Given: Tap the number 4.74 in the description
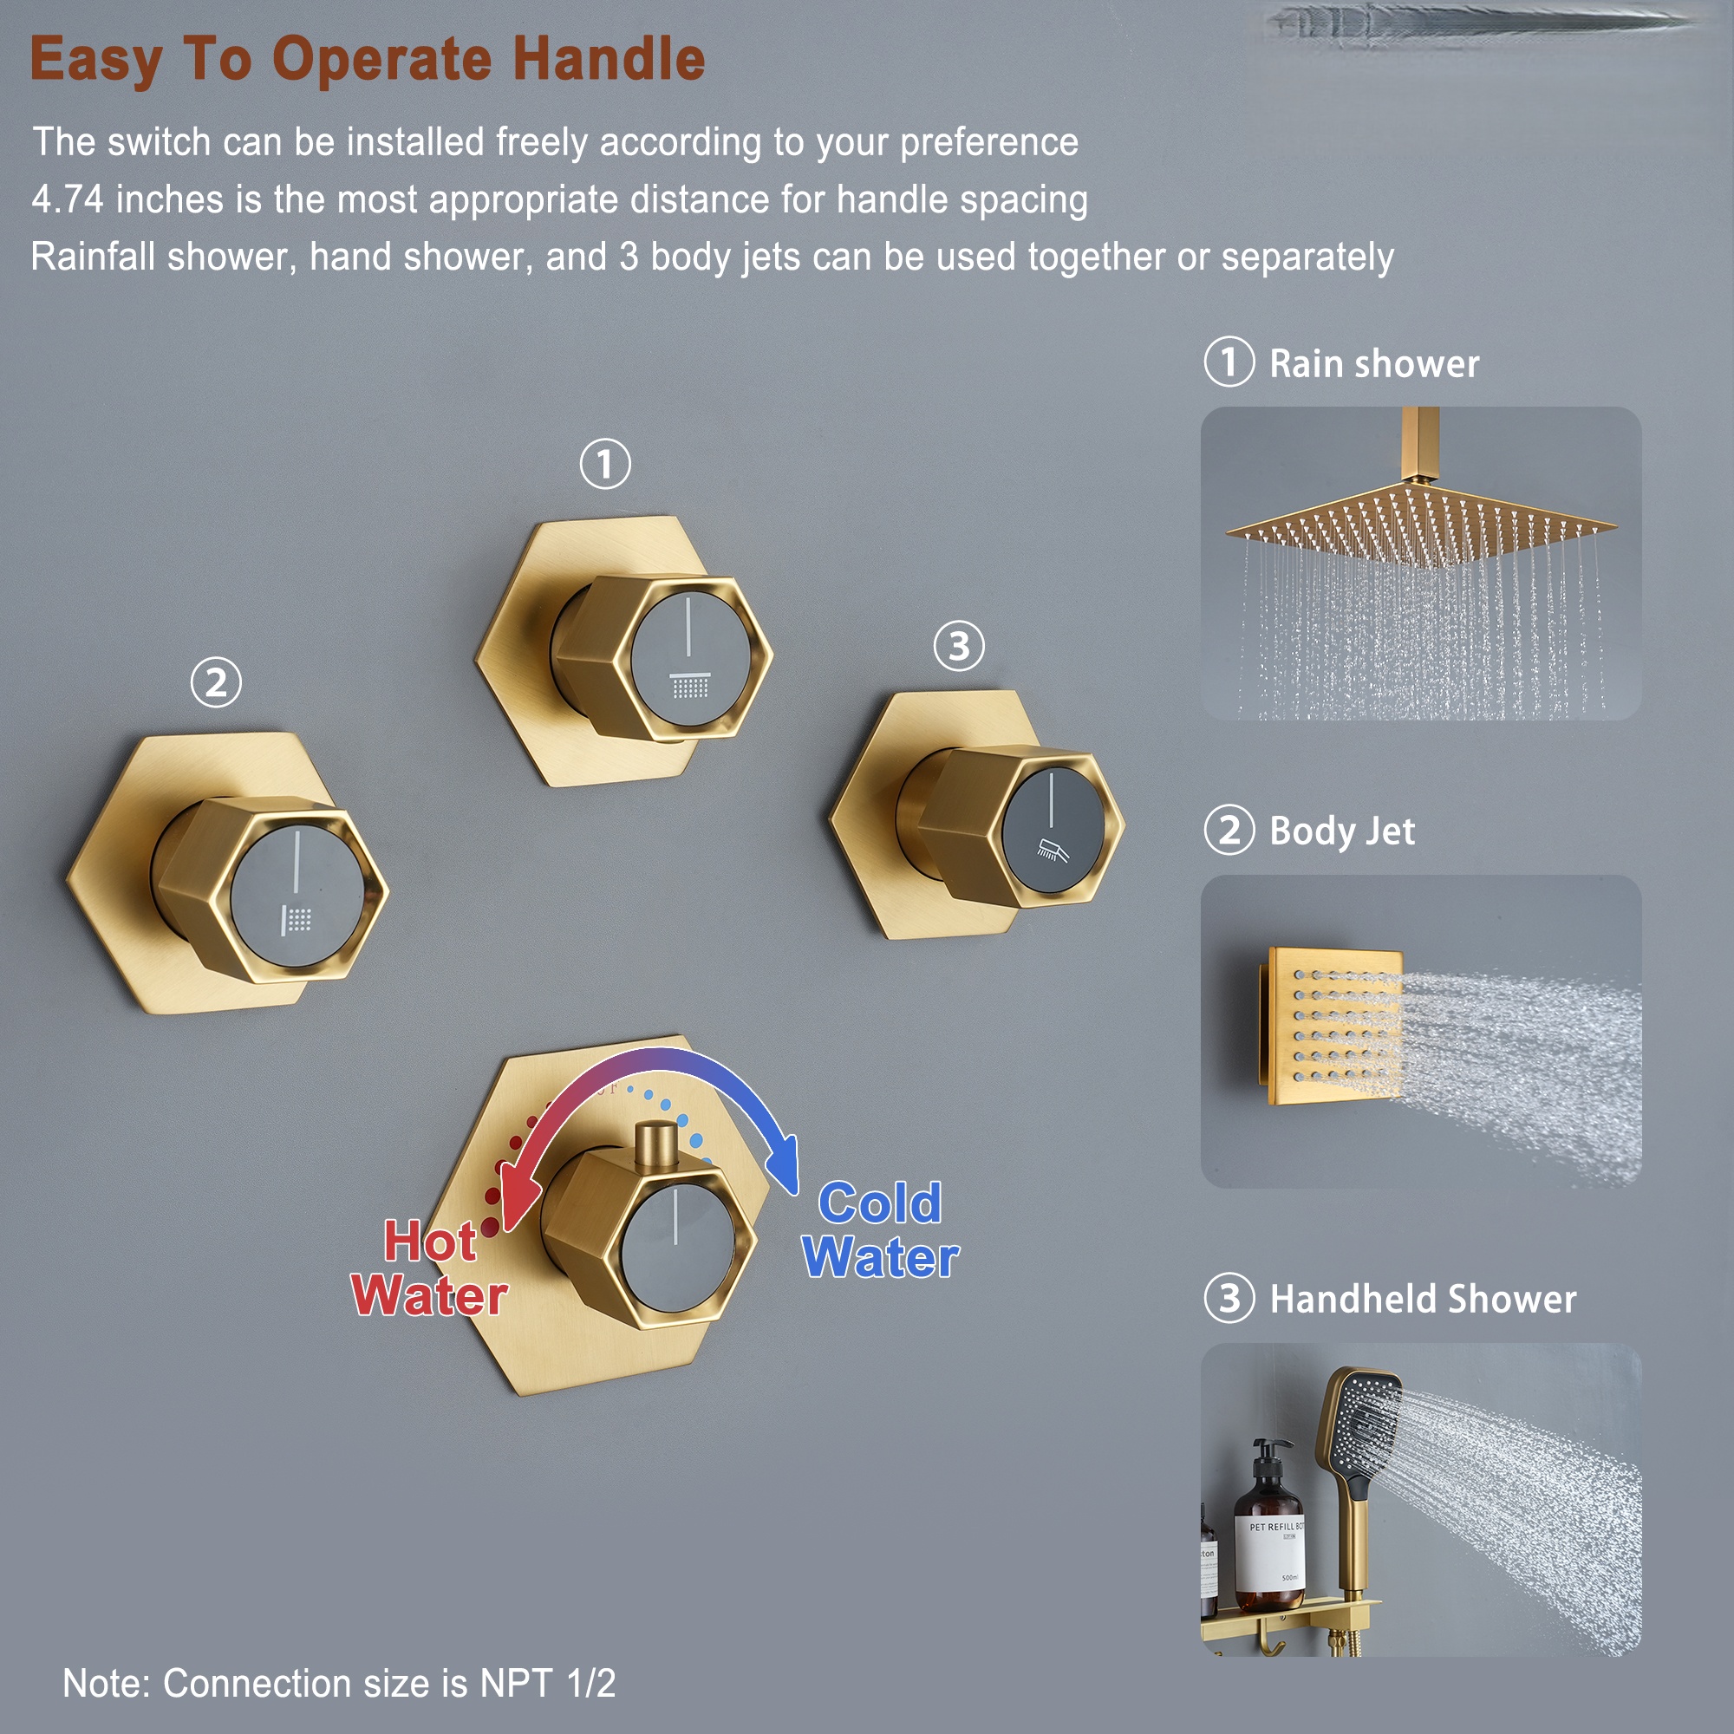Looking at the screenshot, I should pyautogui.click(x=68, y=199).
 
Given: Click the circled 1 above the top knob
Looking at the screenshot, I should pyautogui.click(x=605, y=464).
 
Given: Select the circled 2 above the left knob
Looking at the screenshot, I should pyautogui.click(x=216, y=683).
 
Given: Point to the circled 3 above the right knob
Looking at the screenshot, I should pyautogui.click(x=959, y=646).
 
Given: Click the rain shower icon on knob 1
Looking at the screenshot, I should pyautogui.click(x=690, y=686).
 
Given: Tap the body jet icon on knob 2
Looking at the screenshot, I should pyautogui.click(x=297, y=919).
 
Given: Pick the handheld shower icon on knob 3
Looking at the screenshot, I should pyautogui.click(x=1053, y=849).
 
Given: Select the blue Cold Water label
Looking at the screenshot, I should pyautogui.click(x=881, y=1230).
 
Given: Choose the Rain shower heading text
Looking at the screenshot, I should pyautogui.click(x=1373, y=363).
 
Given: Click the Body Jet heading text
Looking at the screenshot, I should pyautogui.click(x=1342, y=831).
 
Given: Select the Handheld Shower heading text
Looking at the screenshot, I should pyautogui.click(x=1423, y=1299).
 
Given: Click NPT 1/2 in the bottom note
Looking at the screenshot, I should pyautogui.click(x=547, y=1684).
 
